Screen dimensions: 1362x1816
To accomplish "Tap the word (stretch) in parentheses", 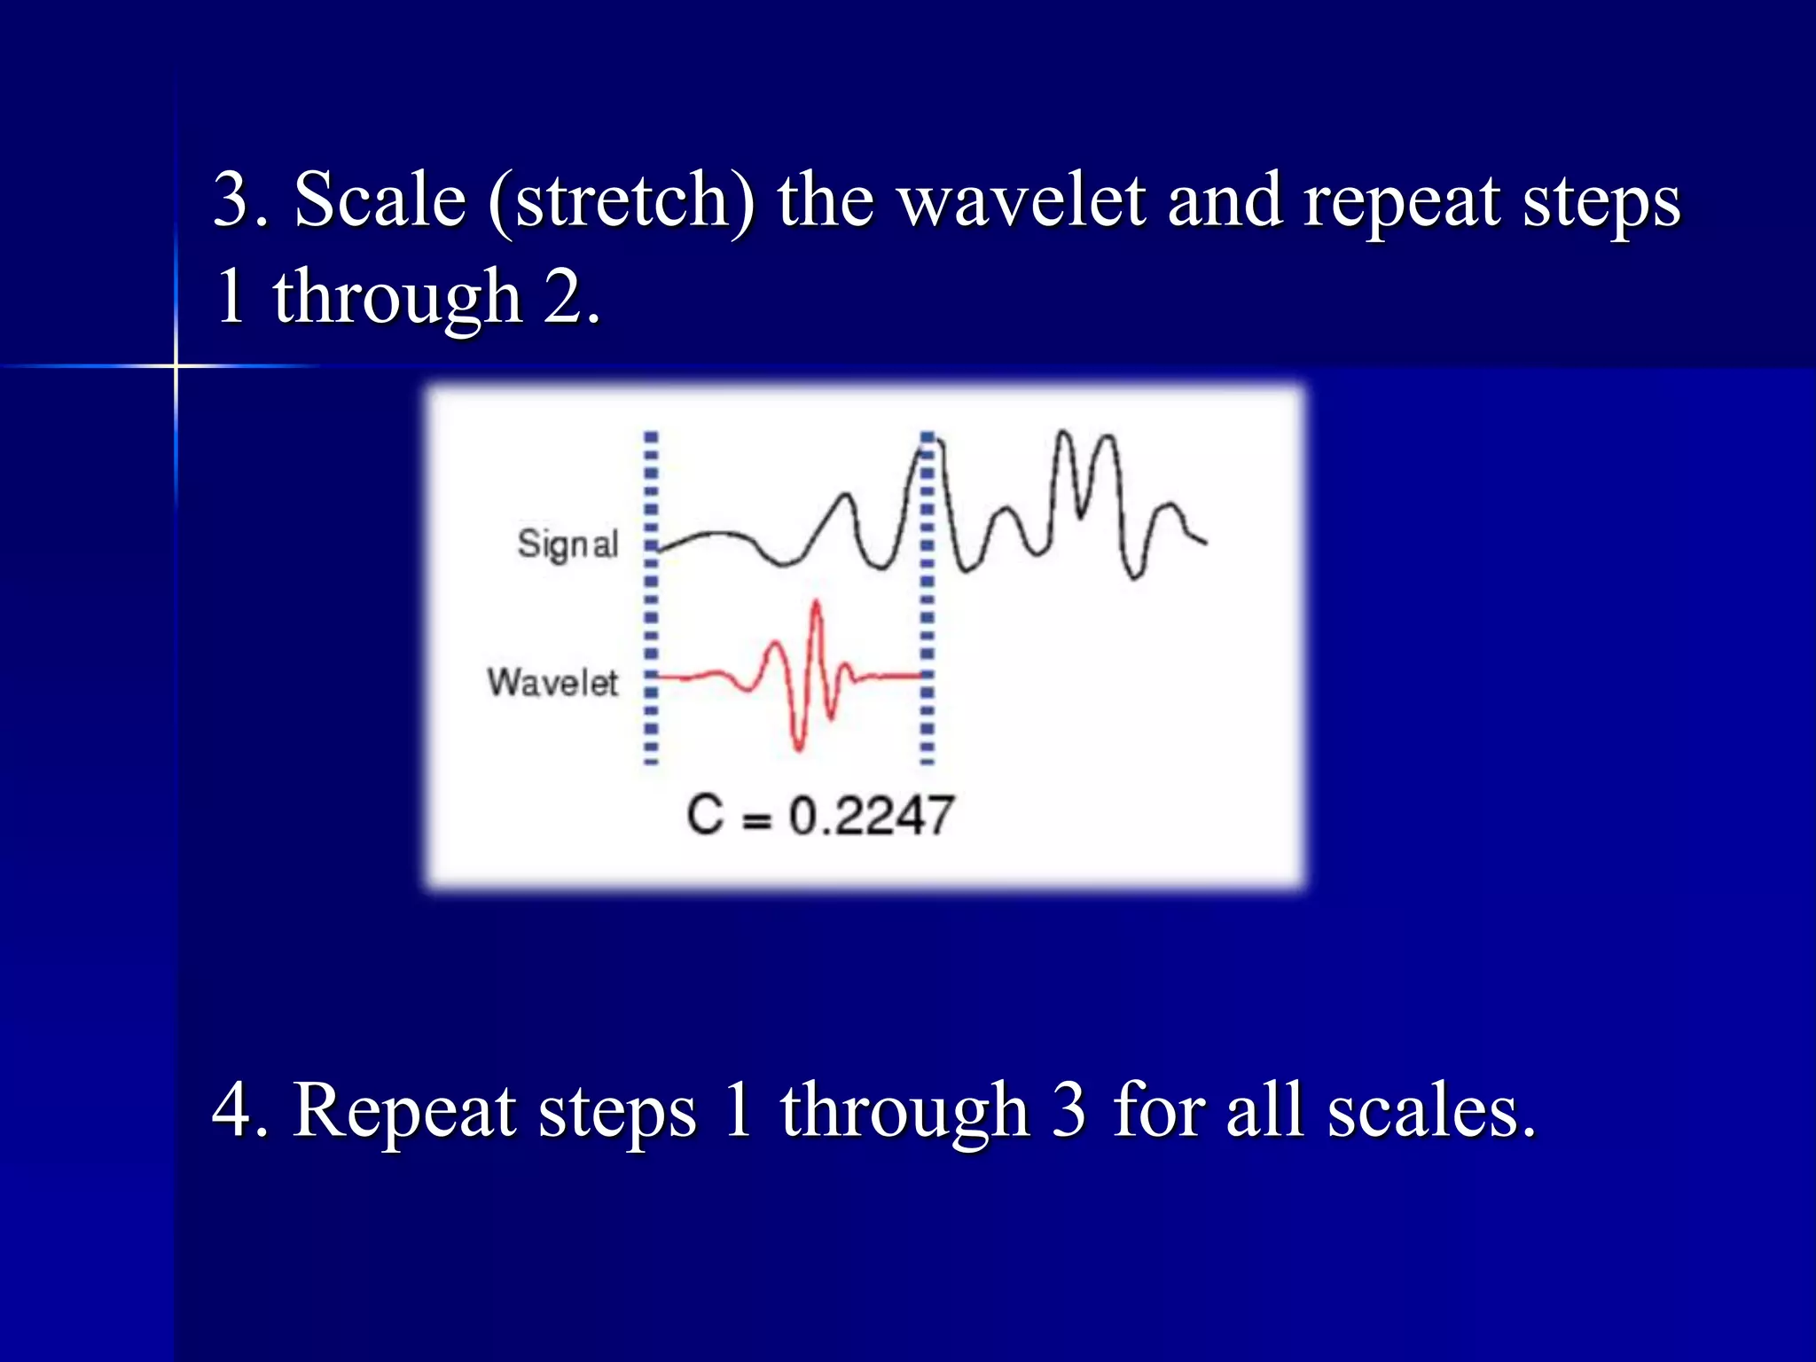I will [621, 200].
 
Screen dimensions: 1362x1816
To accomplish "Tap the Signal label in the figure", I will [567, 544].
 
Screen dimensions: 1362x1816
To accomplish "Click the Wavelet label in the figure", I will [552, 682].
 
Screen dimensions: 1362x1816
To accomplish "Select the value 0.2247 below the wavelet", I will [871, 816].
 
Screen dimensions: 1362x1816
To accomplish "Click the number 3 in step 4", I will [1068, 1109].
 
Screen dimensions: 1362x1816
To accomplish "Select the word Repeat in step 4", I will [405, 1109].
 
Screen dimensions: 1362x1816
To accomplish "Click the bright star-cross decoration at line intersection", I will [176, 365].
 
